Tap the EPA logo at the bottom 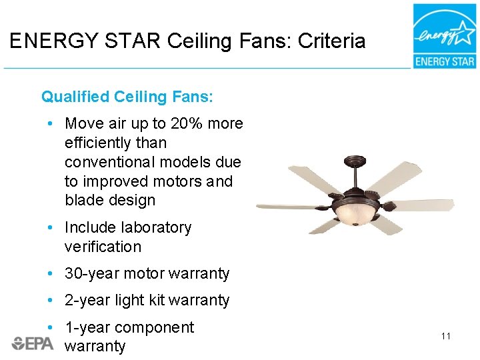(33, 343)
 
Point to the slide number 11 (446, 336)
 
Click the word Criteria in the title (331, 41)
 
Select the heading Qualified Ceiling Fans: (127, 97)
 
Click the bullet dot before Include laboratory (51, 228)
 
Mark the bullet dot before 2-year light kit (51, 301)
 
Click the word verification (103, 247)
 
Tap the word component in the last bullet (154, 327)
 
